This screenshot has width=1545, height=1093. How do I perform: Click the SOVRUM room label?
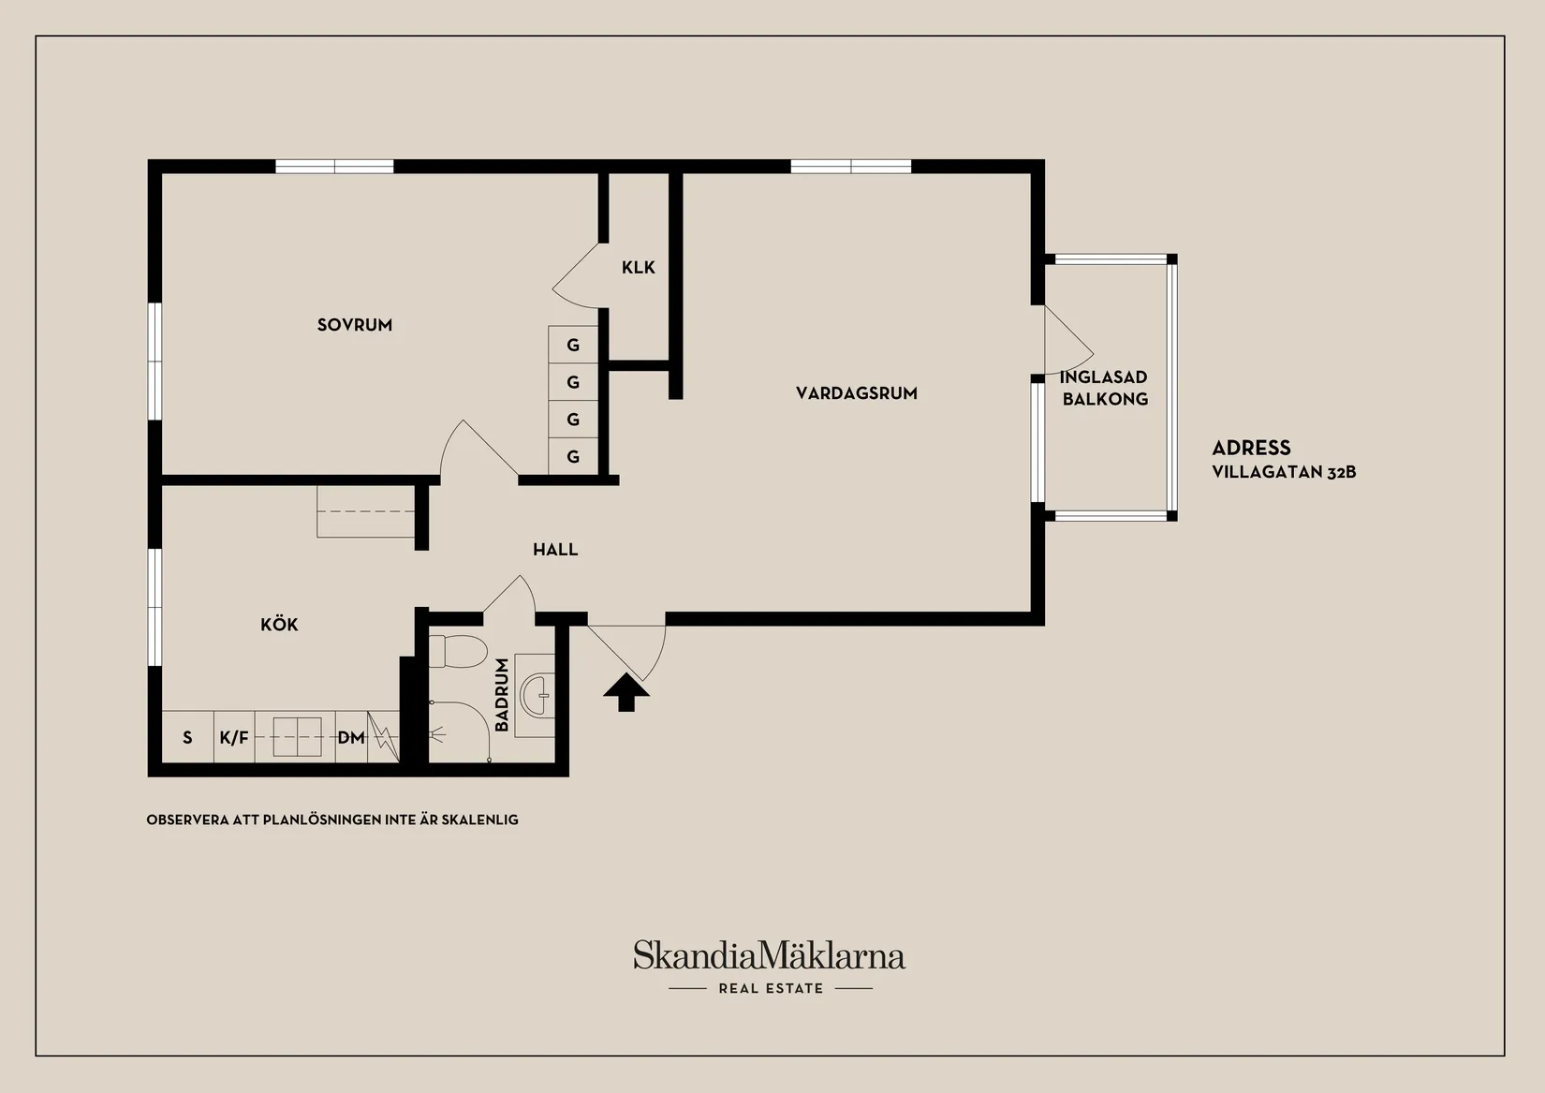tap(355, 325)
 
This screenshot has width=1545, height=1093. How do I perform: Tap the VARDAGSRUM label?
tap(857, 393)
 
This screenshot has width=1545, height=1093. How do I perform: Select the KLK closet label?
tap(638, 268)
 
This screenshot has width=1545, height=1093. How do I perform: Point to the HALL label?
tap(555, 550)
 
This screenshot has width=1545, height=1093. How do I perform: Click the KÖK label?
tap(279, 625)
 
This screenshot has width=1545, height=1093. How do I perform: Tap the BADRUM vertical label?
tap(502, 694)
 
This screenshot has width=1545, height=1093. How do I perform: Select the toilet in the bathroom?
tap(457, 652)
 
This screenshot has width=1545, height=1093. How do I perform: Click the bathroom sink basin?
tap(537, 696)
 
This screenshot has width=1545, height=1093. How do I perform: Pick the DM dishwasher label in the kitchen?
tap(351, 738)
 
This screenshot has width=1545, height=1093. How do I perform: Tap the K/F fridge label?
tap(234, 738)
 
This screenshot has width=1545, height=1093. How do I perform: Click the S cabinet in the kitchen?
tap(187, 737)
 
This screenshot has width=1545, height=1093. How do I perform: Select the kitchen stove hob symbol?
tap(297, 737)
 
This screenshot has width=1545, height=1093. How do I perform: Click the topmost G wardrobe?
tap(573, 345)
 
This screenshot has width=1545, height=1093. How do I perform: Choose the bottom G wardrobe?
tap(573, 456)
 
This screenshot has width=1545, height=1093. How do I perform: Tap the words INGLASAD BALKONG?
tap(1104, 388)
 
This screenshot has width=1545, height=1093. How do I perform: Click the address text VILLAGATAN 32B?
tap(1285, 472)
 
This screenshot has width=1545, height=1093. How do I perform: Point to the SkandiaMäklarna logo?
tap(770, 966)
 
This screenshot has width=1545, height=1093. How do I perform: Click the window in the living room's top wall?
tap(850, 167)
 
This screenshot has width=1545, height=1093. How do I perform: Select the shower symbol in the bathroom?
tap(437, 735)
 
